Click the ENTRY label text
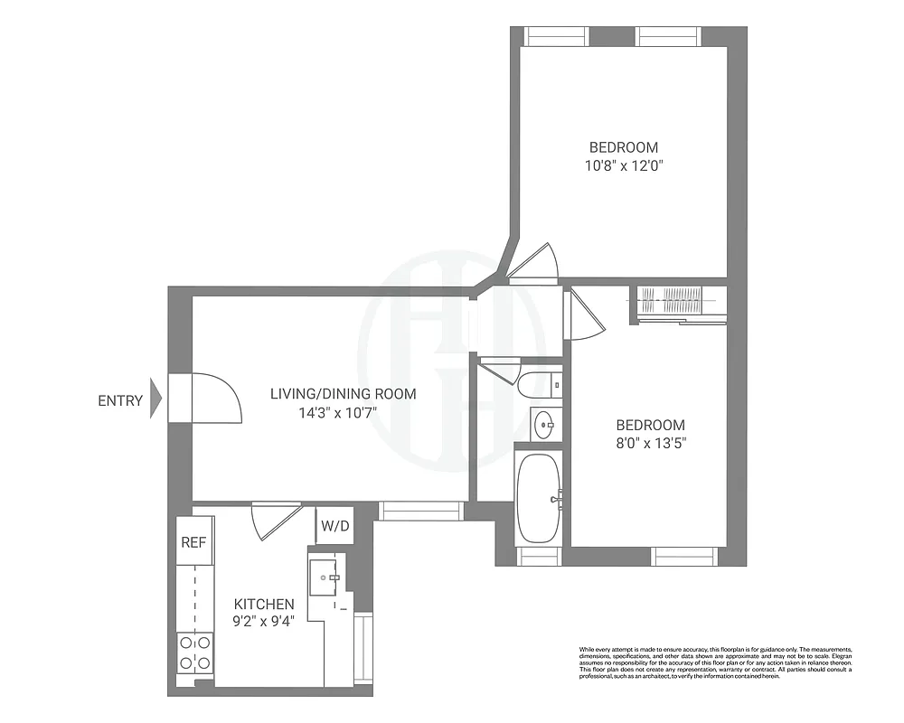tap(120, 401)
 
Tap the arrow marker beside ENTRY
tap(155, 397)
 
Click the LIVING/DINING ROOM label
tap(344, 394)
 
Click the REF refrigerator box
tap(193, 542)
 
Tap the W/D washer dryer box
tap(334, 525)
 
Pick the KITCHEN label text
tap(264, 604)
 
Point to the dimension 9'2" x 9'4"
tap(264, 622)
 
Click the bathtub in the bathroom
tap(540, 496)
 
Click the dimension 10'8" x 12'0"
tap(624, 165)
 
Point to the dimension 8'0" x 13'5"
tap(651, 443)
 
